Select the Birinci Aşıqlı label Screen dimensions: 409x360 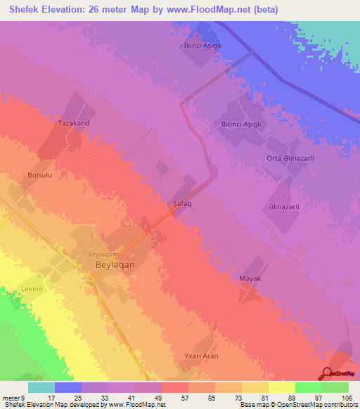click(x=237, y=124)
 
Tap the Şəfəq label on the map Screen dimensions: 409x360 click(x=183, y=204)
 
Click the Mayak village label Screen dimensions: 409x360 click(x=250, y=279)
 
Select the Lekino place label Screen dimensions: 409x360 click(x=32, y=290)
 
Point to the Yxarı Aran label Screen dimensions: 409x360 click(x=201, y=356)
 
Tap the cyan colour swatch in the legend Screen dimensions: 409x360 click(x=41, y=387)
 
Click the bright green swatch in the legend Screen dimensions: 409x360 click(x=308, y=387)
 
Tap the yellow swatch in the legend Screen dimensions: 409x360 click(x=282, y=387)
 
